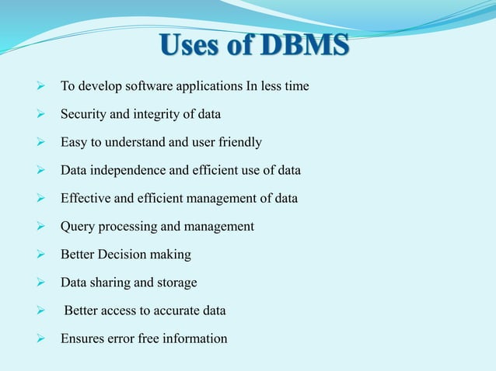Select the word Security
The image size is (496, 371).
84,114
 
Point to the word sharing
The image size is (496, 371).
110,282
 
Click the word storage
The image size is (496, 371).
176,283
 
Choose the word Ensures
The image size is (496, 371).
82,338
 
